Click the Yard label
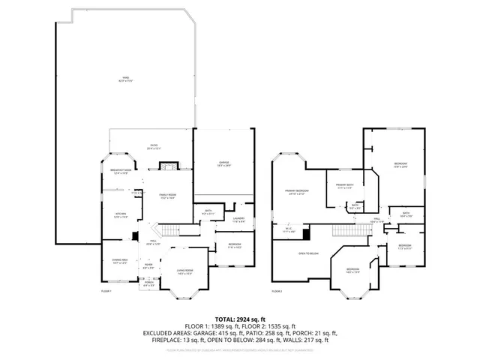[126, 79]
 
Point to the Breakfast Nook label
[121, 172]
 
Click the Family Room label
[166, 196]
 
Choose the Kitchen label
[121, 216]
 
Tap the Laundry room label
[239, 220]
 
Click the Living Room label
[184, 272]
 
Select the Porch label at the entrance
[149, 283]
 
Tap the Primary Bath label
[344, 187]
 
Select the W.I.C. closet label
[289, 231]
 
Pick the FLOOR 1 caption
[106, 290]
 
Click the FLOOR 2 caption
[277, 290]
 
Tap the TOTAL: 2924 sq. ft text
[240, 317]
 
